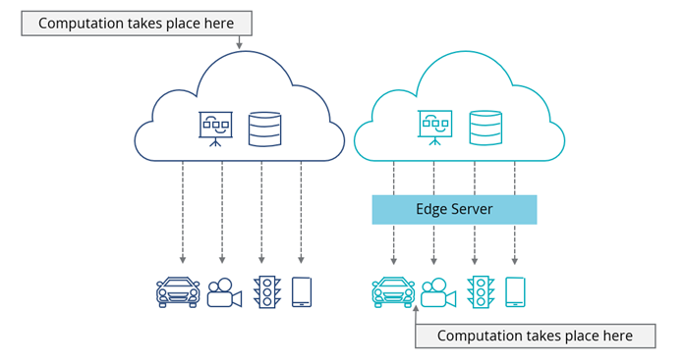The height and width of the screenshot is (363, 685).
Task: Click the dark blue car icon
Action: coord(179,292)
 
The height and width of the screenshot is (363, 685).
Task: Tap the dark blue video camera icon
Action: coord(224,292)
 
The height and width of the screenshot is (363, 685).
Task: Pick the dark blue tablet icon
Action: coord(302,291)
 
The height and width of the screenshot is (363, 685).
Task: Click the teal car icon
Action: coord(393,292)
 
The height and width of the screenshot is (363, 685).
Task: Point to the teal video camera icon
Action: coord(438,292)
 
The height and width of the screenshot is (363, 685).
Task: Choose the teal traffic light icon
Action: coord(480,292)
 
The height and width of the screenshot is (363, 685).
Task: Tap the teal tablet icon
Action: coord(515,291)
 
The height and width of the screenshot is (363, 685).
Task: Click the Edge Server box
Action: coord(454,210)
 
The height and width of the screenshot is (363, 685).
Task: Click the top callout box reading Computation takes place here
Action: coord(137,23)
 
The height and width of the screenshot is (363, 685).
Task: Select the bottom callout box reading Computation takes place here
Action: coord(535,336)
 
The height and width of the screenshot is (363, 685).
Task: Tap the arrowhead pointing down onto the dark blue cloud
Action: coord(239,45)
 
